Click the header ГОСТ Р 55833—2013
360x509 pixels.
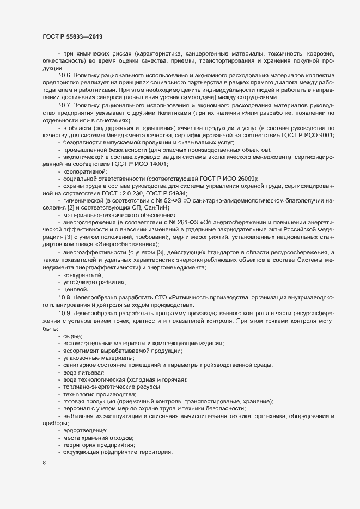(x=72, y=36)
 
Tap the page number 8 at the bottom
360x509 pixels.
(x=44, y=464)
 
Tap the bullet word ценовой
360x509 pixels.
(x=77, y=289)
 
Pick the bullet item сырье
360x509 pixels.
(x=73, y=334)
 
